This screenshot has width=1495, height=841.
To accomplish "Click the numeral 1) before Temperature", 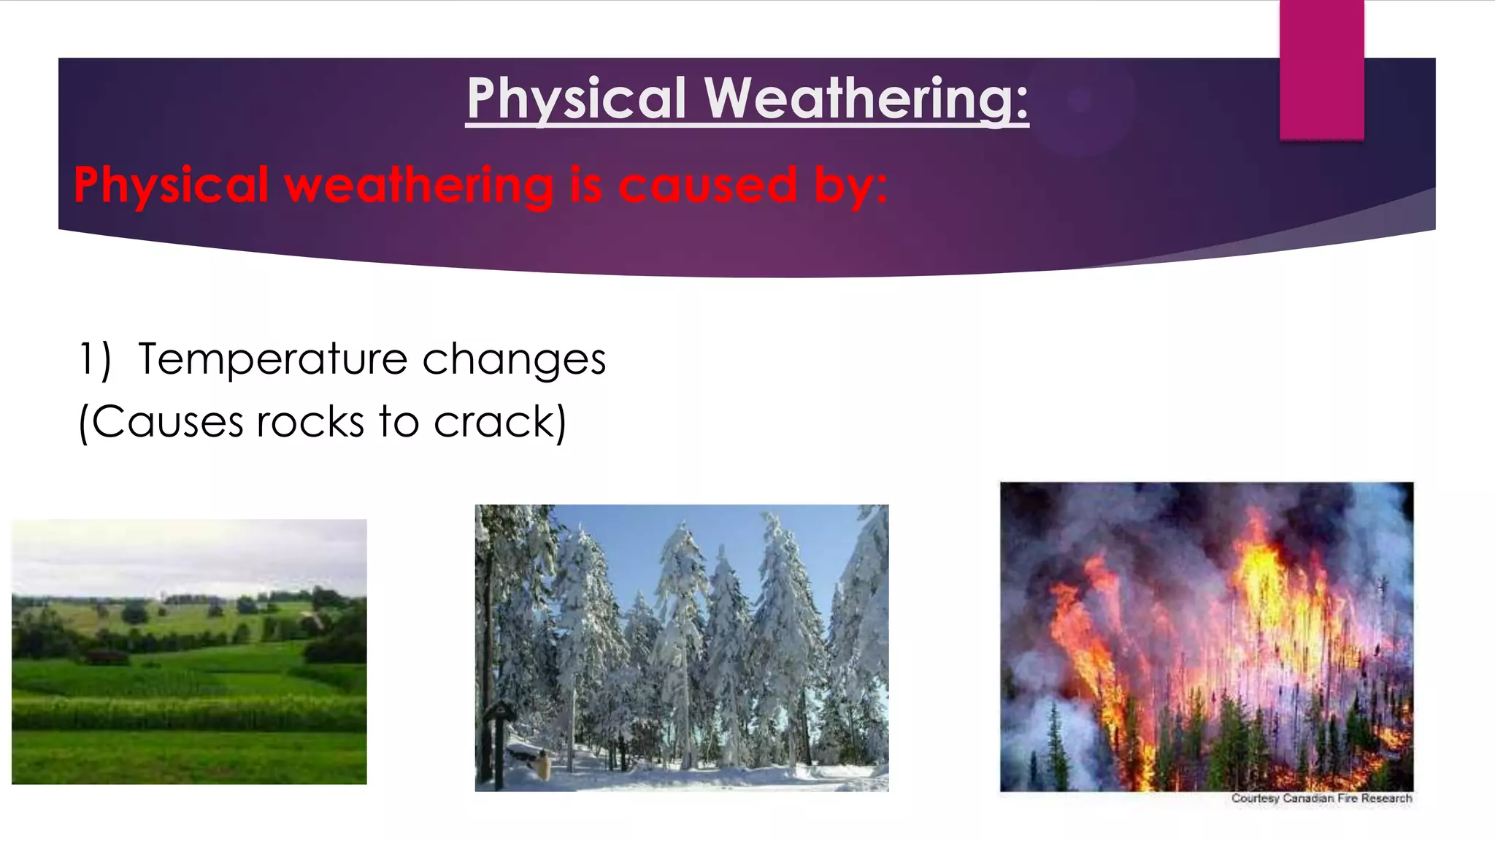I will pyautogui.click(x=95, y=359).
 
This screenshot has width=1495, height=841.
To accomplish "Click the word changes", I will pyautogui.click(x=514, y=361).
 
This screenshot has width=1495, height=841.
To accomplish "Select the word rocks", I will pyautogui.click(x=310, y=423).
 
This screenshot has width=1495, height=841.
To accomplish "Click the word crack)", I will pyautogui.click(x=500, y=423).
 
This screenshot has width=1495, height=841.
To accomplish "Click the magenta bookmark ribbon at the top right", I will pyautogui.click(x=1321, y=69).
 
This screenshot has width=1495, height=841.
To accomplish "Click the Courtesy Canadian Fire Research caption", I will pyautogui.click(x=1321, y=798).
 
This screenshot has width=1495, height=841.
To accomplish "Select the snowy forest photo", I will pyautogui.click(x=682, y=650).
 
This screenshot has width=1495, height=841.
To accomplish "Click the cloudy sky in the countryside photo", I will pyautogui.click(x=189, y=555).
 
